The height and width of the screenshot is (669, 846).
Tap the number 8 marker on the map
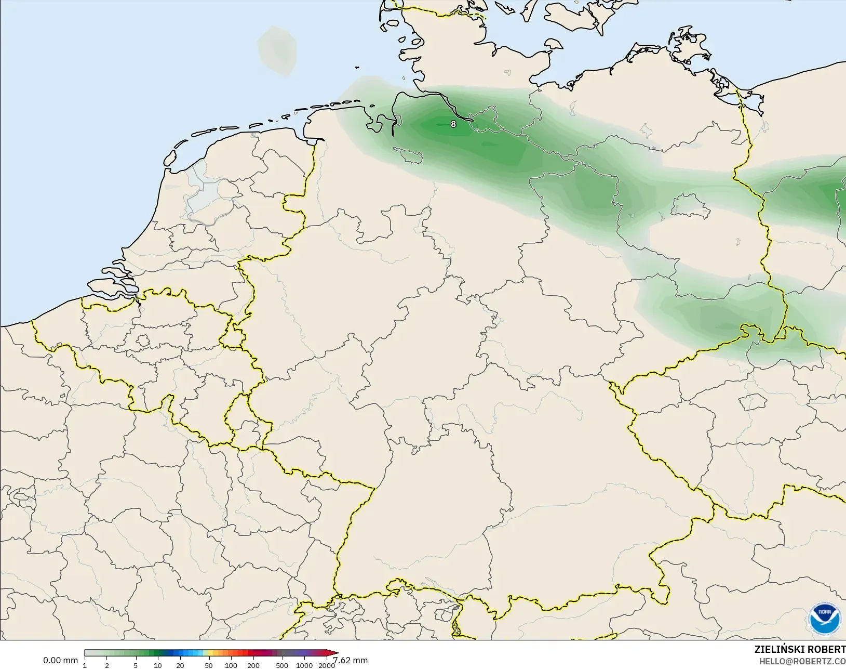click(453, 124)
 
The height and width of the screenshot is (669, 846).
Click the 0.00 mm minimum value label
click(60, 660)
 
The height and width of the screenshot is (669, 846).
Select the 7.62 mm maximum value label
click(351, 660)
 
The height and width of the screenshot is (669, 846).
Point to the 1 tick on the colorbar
click(85, 665)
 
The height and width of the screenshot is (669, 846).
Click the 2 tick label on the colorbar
click(107, 665)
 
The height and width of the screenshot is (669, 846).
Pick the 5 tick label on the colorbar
click(136, 665)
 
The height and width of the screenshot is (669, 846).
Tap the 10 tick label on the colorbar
click(158, 665)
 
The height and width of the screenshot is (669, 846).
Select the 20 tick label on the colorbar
click(180, 665)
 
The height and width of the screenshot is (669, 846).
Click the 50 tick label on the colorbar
click(209, 665)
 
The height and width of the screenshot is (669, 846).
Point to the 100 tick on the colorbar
click(231, 665)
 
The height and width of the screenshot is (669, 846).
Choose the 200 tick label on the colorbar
click(253, 665)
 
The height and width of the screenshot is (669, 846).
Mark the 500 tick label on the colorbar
click(282, 665)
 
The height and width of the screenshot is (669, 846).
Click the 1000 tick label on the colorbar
click(304, 665)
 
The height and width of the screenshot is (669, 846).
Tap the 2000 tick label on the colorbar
click(326, 665)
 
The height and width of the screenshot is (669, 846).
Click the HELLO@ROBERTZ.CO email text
click(802, 661)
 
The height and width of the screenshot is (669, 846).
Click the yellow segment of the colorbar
click(207, 653)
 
